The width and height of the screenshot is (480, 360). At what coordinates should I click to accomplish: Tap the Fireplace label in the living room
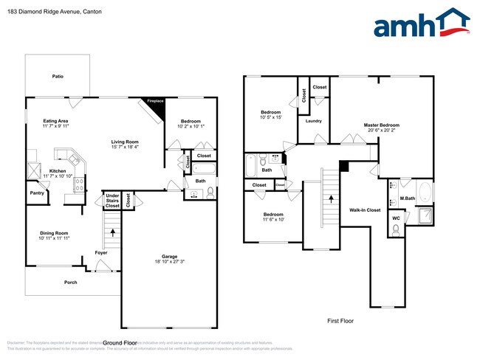155,101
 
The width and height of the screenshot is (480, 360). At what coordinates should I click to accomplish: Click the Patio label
57,76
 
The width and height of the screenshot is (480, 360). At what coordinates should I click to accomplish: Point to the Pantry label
37,193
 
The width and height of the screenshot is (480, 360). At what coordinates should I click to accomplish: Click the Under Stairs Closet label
112,201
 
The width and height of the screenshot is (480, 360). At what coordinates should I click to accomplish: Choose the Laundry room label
313,121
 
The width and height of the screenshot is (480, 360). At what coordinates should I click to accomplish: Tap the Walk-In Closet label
365,210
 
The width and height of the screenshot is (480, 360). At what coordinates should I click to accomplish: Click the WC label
396,218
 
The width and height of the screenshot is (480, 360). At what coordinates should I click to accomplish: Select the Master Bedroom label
382,125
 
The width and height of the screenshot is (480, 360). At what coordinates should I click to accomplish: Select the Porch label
70,282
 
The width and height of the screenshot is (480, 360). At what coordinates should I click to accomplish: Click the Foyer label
101,253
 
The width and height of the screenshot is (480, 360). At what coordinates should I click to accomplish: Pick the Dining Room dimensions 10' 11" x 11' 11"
55,238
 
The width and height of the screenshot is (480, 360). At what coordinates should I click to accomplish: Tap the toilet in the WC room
396,229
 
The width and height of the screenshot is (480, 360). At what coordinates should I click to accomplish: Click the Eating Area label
55,120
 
